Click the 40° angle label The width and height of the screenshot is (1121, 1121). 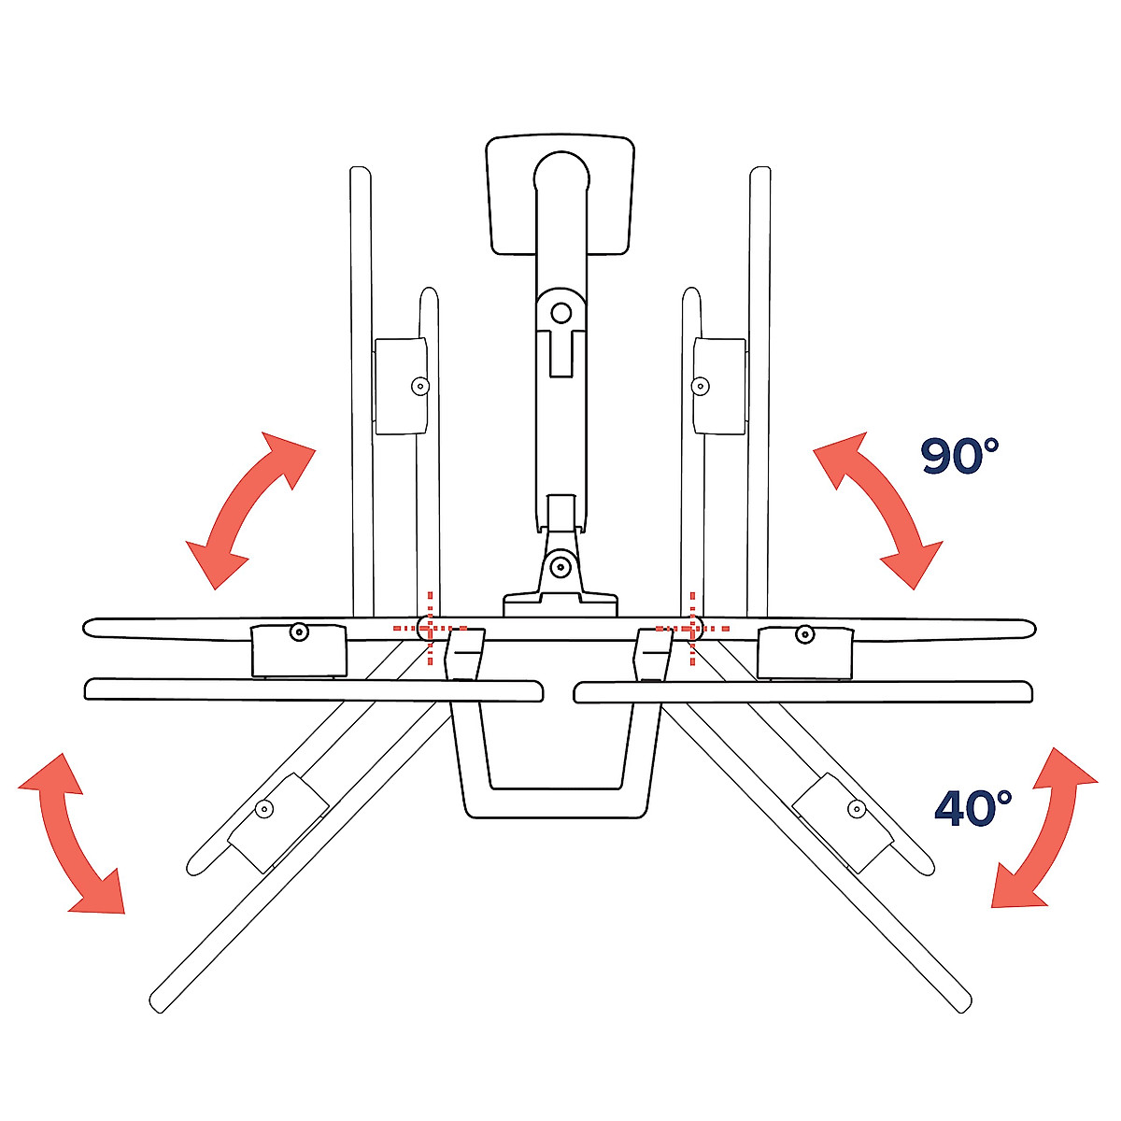[x=972, y=807]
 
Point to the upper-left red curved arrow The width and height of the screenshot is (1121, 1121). [x=249, y=509]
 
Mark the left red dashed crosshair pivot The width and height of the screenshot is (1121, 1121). [x=429, y=629]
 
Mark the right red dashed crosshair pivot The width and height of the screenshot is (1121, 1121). [x=691, y=629]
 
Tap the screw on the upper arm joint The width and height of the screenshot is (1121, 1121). [x=560, y=312]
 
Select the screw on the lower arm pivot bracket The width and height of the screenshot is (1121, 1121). [x=560, y=566]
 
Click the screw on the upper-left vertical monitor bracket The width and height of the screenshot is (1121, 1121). [x=419, y=385]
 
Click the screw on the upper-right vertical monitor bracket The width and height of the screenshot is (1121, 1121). [x=701, y=385]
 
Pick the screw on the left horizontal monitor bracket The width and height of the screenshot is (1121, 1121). [x=298, y=632]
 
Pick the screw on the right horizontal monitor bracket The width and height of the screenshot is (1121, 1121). [x=803, y=635]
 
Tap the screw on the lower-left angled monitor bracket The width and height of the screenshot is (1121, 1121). [x=264, y=809]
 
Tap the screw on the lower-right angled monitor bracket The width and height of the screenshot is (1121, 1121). [x=855, y=808]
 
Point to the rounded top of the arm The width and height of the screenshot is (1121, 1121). [x=561, y=172]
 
